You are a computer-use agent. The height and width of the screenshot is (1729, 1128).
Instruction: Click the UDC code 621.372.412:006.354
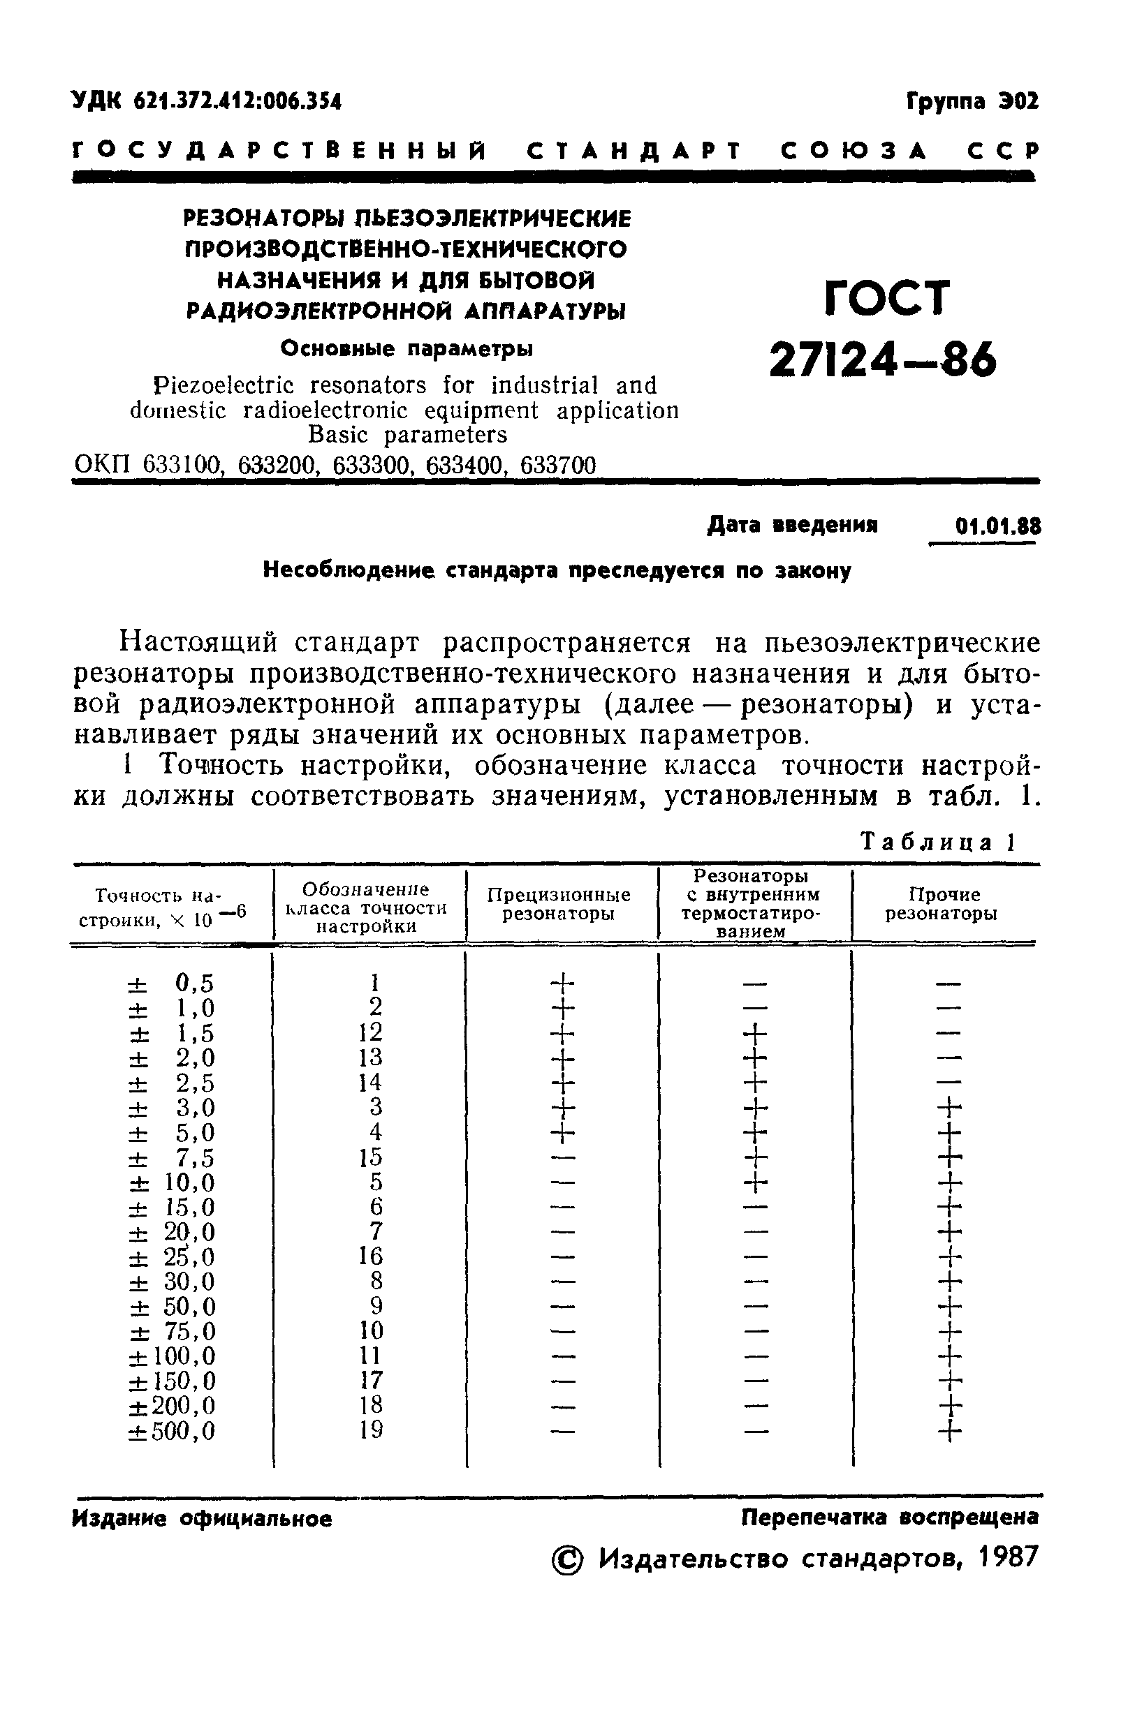[x=237, y=102]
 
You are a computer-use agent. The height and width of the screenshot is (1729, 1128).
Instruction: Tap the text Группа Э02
[x=972, y=101]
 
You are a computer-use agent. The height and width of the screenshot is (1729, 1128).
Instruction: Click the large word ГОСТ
[x=888, y=297]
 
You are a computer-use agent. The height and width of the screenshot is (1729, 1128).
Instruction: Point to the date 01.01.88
[x=998, y=525]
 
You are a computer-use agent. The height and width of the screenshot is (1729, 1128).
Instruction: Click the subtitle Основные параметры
[x=406, y=350]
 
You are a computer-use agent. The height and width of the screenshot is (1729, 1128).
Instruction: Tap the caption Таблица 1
[x=937, y=842]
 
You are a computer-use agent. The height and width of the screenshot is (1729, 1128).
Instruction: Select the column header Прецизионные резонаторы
[x=558, y=904]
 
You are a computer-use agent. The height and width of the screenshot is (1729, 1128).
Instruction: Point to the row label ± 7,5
[x=173, y=1157]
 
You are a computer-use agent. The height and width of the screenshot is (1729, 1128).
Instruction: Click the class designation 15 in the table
[x=370, y=1157]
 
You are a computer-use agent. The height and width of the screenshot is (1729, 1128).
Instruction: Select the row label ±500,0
[x=173, y=1432]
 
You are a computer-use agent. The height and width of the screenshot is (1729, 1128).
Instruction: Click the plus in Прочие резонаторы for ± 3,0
[x=949, y=1108]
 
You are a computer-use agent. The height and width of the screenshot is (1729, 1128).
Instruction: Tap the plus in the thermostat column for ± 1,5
[x=755, y=1032]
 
